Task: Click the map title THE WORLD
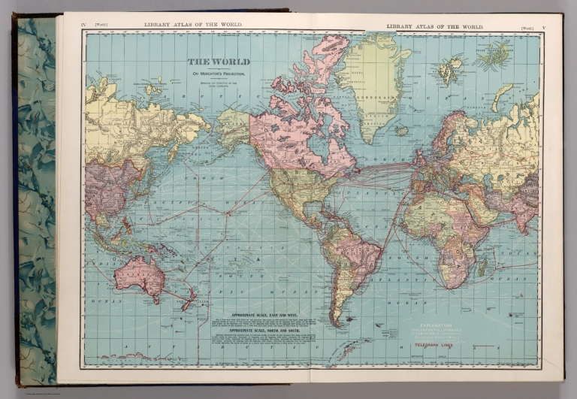point(218,62)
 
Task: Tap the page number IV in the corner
point(83,26)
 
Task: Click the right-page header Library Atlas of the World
point(434,27)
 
